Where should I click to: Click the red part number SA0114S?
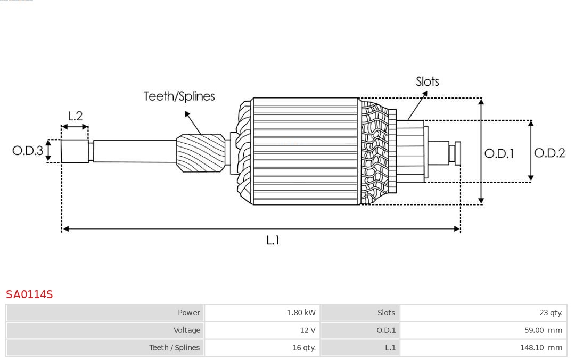coord(29,294)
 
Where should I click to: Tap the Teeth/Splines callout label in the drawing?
coord(179,96)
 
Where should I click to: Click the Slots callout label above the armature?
coord(427,81)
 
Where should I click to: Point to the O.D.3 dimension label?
coord(28,151)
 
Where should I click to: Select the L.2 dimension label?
coord(75,116)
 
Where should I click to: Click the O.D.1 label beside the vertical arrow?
coord(499,154)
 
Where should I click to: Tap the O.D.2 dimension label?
coord(549,153)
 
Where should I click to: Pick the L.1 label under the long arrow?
coord(273,241)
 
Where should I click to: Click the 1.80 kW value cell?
coord(301,313)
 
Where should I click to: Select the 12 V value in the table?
coord(307,330)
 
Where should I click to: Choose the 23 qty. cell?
coord(551,313)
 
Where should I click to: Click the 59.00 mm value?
coord(543,330)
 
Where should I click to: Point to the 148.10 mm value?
coord(540,347)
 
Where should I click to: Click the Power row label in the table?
coord(189,313)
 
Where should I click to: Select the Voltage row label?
coord(187,330)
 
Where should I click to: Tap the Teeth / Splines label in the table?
coord(175,347)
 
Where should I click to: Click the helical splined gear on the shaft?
coord(201,153)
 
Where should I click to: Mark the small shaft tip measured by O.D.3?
coord(75,151)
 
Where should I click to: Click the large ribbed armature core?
coord(306,151)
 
